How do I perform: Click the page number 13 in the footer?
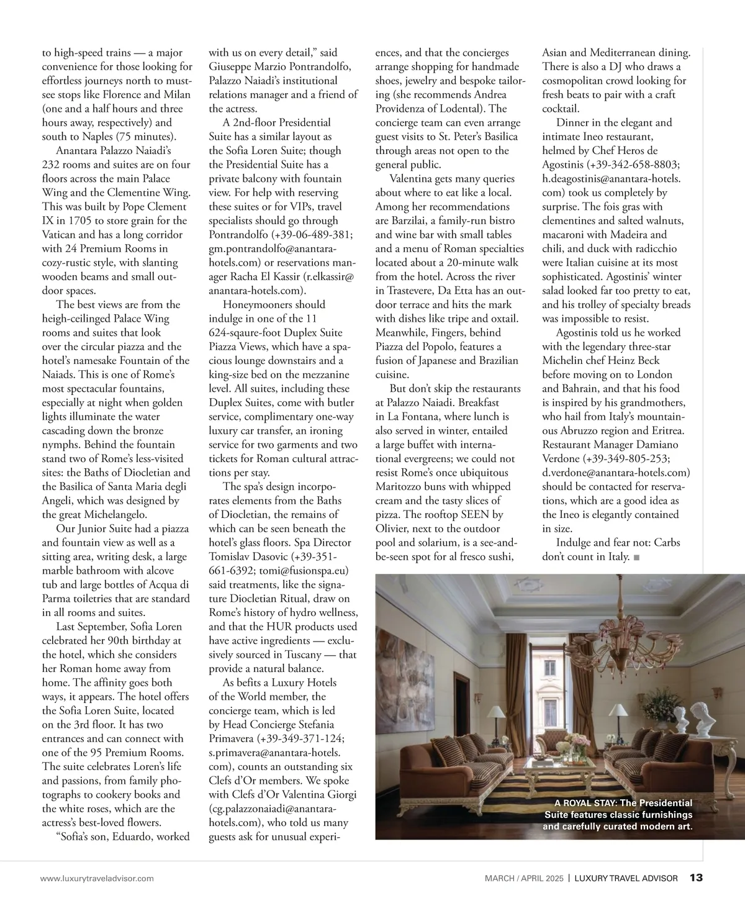(696, 878)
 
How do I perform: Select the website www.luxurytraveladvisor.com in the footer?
(97, 878)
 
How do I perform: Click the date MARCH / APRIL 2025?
(524, 878)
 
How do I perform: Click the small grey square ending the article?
(637, 557)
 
